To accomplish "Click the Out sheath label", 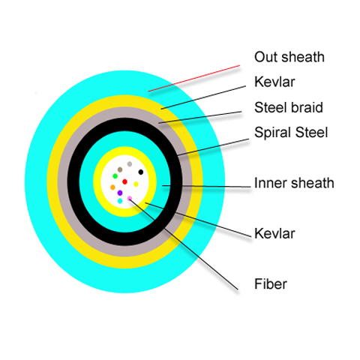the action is point(289,57).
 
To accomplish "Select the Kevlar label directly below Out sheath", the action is point(274,82).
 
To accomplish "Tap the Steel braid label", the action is point(289,107).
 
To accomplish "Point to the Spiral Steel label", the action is point(291,133).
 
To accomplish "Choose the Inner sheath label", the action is point(294,183).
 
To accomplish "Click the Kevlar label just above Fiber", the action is point(274,233).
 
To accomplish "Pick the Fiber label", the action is point(271,284).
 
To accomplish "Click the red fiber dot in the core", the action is point(124,181).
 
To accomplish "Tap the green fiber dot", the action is point(115,176).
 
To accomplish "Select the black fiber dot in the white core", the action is point(141,172).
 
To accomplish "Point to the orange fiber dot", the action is point(112,187).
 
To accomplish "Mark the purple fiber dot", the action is point(120,193).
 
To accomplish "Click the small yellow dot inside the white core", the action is point(136,184).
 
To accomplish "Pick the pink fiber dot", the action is point(130,199).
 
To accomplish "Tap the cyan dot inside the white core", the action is point(120,201).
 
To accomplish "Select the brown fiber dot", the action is point(120,169).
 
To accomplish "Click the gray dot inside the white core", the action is point(130,164).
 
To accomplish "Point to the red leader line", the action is point(194,78).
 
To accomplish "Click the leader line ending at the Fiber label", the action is point(184,244).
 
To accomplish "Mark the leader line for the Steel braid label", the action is point(200,117).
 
